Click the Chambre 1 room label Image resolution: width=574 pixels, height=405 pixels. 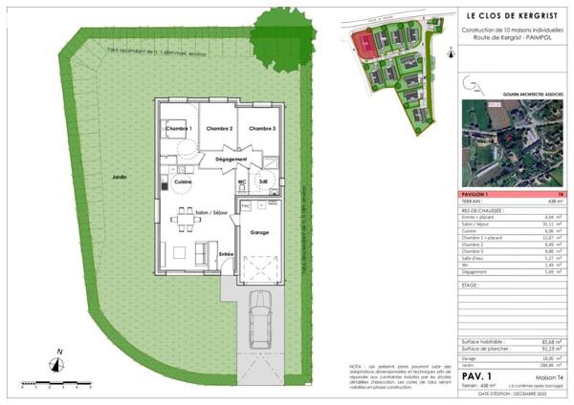pos(179,128)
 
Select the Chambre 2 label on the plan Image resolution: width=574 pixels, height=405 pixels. pos(220,128)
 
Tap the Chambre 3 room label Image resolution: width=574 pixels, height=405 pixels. pos(262,128)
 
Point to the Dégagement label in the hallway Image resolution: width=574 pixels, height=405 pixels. pos(232,159)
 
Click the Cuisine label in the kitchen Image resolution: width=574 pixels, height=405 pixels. pos(184,181)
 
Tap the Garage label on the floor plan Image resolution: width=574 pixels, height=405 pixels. pos(257,232)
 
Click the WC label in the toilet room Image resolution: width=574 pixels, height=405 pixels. pos(242,181)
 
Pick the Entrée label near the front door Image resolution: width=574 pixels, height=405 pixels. pos(227,253)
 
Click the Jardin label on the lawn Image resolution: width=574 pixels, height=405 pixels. pos(120,177)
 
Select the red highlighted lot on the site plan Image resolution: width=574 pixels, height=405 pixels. pos(364,42)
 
